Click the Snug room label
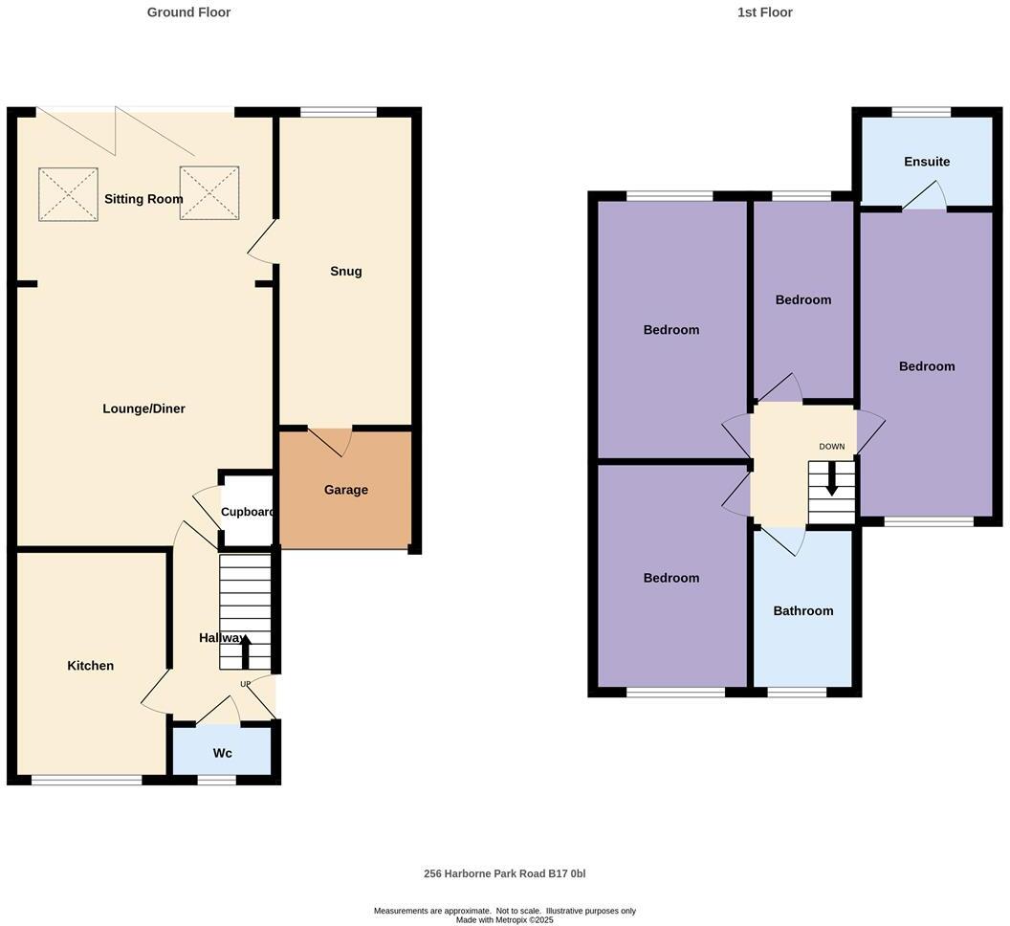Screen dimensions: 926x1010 [x=345, y=271]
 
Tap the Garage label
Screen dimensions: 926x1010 [x=345, y=490]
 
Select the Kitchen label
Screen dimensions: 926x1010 [x=90, y=666]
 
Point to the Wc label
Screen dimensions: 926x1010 [x=222, y=754]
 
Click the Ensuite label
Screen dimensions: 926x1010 [x=927, y=162]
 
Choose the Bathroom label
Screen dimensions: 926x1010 [x=802, y=611]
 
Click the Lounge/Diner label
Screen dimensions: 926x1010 [x=143, y=408]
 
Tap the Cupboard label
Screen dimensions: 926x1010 [x=249, y=512]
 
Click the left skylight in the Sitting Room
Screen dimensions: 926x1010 [x=68, y=194]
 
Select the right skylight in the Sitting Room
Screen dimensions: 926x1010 [x=209, y=193]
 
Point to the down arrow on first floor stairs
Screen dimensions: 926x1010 [x=831, y=478]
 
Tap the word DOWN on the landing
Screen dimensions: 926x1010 [x=831, y=447]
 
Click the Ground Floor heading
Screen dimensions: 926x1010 [x=188, y=12]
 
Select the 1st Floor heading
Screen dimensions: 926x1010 [x=764, y=12]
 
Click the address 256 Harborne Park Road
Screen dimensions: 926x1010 [x=504, y=873]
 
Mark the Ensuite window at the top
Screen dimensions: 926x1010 [x=921, y=112]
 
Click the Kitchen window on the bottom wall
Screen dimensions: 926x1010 [x=86, y=781]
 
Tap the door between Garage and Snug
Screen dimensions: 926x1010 [x=330, y=440]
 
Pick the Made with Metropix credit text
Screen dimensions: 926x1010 [x=504, y=920]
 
